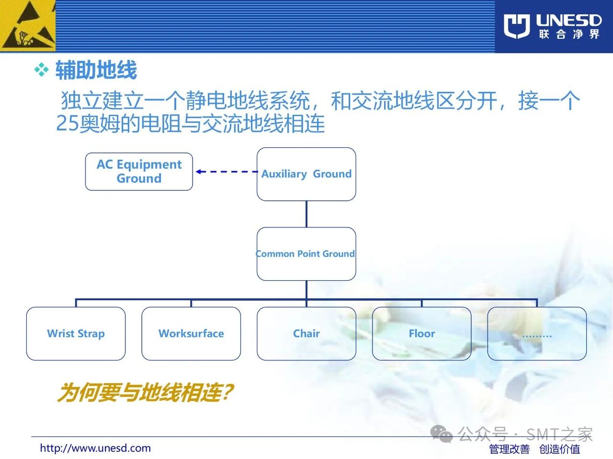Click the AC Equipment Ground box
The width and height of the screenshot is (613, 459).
coord(139,171)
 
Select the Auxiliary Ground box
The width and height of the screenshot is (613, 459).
coord(306,174)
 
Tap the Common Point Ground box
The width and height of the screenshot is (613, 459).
coord(306,253)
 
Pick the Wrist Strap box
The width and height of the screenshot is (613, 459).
coord(76,334)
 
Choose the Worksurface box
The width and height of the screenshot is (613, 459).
coord(191,334)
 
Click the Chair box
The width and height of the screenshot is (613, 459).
coord(306,334)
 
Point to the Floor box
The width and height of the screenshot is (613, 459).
coord(422,334)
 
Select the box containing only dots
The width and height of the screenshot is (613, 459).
coord(537,334)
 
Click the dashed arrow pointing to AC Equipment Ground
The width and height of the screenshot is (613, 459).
coord(227,172)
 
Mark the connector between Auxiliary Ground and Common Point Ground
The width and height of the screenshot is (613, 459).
coord(306,214)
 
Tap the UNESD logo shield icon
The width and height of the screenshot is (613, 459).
coord(517,26)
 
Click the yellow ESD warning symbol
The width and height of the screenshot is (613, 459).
coord(28,26)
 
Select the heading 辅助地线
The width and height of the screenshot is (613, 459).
coord(96,70)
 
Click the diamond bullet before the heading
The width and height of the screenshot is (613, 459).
coord(41,70)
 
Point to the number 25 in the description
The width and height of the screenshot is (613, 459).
coord(68,123)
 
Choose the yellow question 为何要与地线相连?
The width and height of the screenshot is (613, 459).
coord(145,393)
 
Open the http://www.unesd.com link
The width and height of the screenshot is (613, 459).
coord(95,448)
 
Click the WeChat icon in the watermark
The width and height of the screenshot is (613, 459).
coord(441,434)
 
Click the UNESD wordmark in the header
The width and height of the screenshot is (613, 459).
coord(569,21)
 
